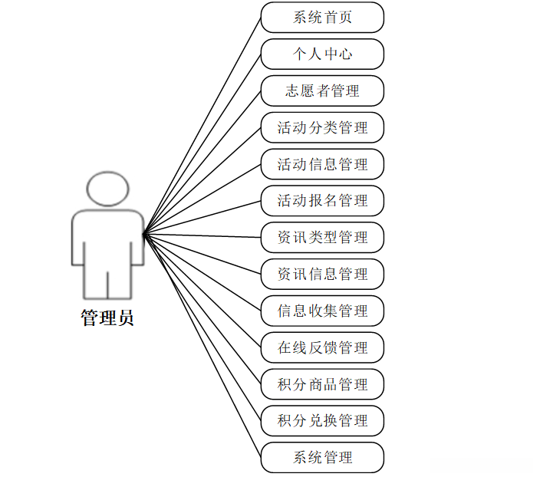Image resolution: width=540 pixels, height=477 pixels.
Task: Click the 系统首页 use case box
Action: (x=322, y=18)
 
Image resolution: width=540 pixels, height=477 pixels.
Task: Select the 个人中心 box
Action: (x=322, y=54)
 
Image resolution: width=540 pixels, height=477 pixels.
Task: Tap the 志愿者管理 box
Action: (x=322, y=90)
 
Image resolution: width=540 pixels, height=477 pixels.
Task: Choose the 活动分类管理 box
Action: (x=322, y=127)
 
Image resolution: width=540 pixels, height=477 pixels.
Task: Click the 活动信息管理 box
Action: (x=322, y=164)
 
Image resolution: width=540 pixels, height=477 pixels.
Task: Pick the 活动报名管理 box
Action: (x=322, y=201)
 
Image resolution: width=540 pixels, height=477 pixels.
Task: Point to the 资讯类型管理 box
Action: (x=322, y=238)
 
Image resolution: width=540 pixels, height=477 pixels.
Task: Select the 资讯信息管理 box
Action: (x=322, y=274)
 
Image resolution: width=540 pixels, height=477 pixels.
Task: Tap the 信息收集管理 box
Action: (x=322, y=311)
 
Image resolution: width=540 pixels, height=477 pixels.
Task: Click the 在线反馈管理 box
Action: (x=322, y=347)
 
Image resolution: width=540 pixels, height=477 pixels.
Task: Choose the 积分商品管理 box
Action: (x=322, y=384)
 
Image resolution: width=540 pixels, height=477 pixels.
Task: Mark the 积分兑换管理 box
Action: (x=322, y=420)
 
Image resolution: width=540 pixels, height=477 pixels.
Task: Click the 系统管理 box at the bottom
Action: (x=322, y=457)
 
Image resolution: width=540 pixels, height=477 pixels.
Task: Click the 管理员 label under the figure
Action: (x=107, y=317)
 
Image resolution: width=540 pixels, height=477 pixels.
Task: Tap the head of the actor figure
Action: (x=107, y=188)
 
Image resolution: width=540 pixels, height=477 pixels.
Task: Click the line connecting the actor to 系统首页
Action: (x=202, y=124)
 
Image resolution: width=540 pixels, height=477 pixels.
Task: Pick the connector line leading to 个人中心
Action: (x=202, y=143)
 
